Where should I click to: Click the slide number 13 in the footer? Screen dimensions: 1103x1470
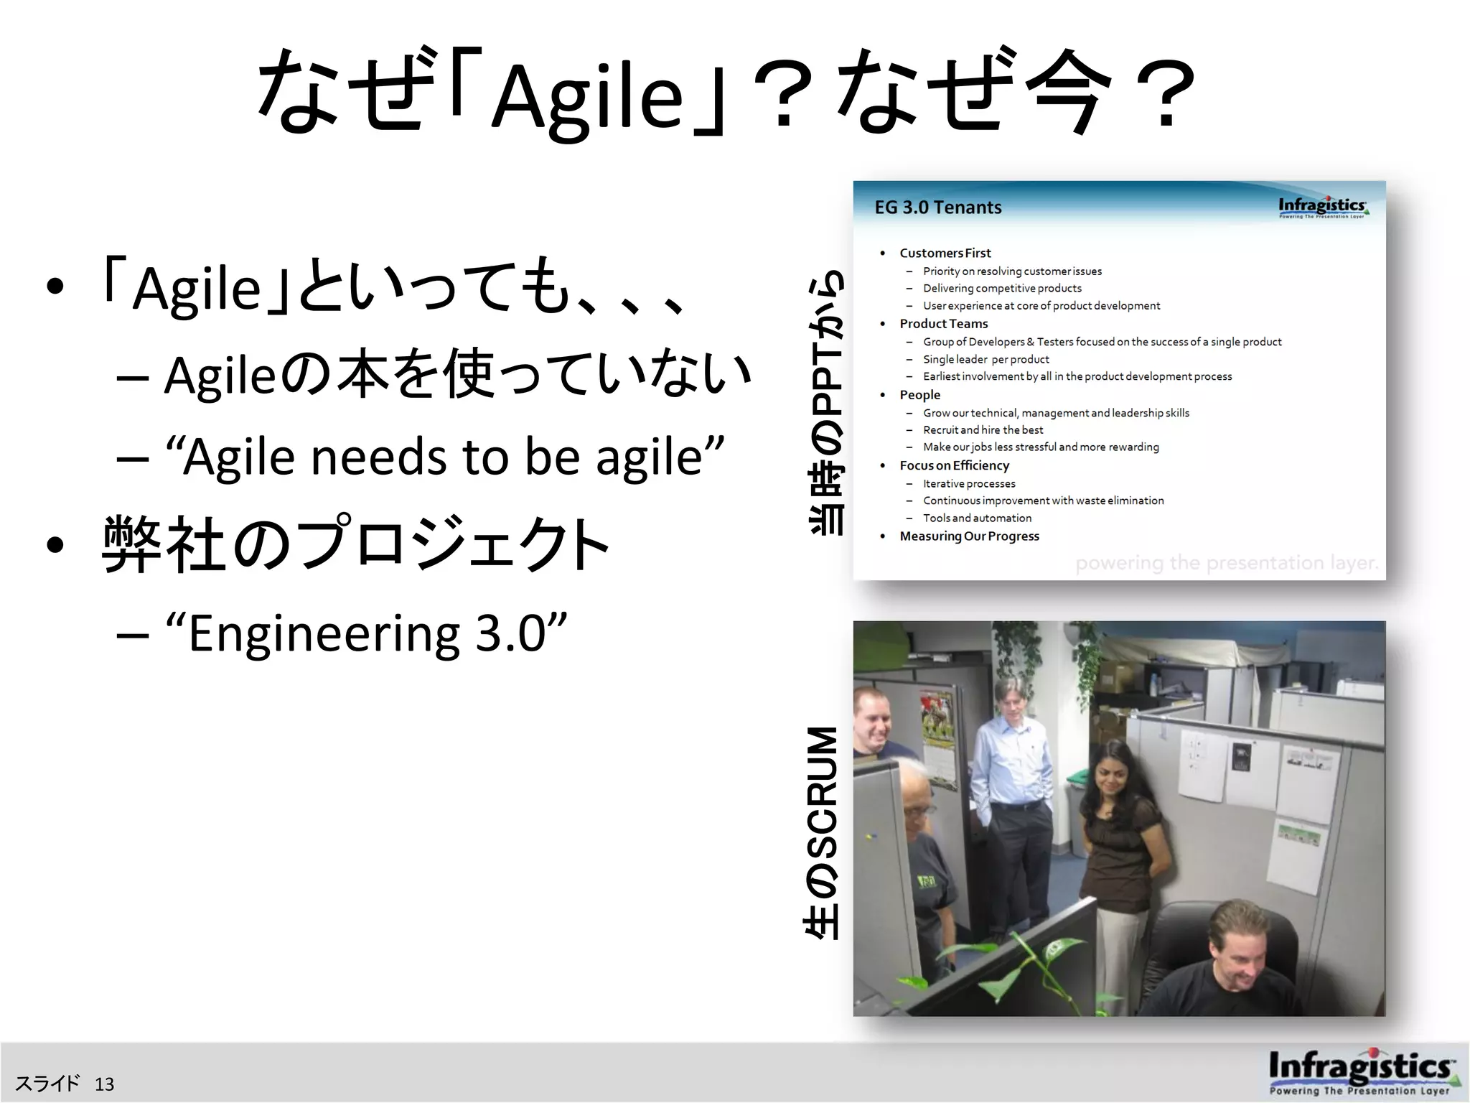[x=104, y=1084]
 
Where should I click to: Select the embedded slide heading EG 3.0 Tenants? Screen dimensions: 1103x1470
[x=937, y=208]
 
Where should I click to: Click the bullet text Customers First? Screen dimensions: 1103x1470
[x=945, y=253]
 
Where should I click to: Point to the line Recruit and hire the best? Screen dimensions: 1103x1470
[x=983, y=429]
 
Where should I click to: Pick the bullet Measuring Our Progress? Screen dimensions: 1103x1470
[x=969, y=536]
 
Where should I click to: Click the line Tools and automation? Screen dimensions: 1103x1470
[x=977, y=518]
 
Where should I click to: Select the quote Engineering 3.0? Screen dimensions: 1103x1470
[x=366, y=633]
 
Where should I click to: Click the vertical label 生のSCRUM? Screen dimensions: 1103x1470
[x=823, y=833]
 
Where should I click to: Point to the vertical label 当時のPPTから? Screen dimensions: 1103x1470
[x=827, y=402]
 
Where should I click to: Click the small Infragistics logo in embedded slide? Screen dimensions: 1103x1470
[x=1322, y=207]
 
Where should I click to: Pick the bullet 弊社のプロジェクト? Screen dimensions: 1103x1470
[x=355, y=544]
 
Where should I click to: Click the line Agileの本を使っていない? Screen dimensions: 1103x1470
[x=457, y=373]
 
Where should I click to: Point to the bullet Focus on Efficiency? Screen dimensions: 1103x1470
[x=954, y=465]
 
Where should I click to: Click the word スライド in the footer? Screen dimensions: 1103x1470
[x=47, y=1084]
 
